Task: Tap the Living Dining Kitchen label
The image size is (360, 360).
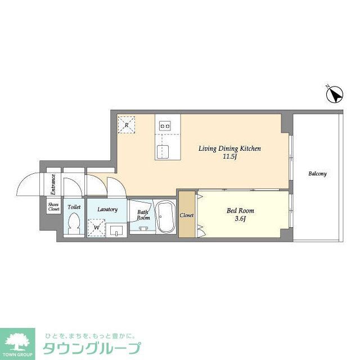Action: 229,148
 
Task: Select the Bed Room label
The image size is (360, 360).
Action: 236,211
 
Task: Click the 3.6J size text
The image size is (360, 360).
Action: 236,219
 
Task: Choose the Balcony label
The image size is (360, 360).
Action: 317,174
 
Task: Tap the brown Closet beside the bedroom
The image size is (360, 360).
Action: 187,215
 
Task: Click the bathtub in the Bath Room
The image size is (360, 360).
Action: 165,217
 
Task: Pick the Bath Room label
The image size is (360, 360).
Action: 143,215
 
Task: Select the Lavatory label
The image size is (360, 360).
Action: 107,209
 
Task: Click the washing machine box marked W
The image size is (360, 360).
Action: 97,227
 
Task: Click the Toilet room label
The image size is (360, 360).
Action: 74,207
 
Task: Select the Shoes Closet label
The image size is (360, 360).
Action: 53,206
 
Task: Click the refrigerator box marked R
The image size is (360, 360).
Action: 127,124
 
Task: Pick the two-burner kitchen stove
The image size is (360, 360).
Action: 165,126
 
